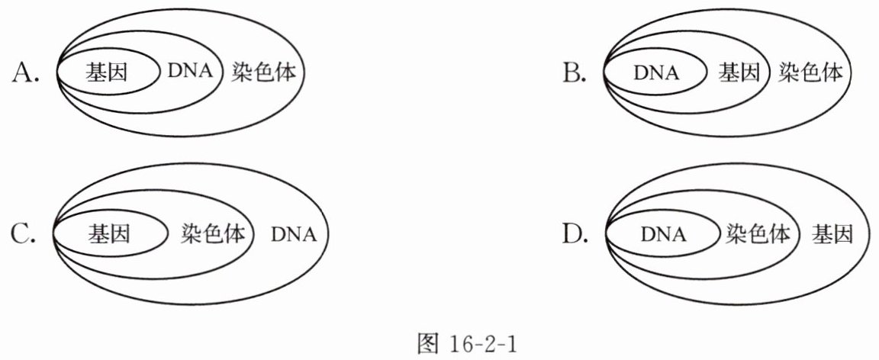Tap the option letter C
click(x=24, y=233)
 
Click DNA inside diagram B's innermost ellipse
click(x=655, y=73)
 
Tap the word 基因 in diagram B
click(x=739, y=73)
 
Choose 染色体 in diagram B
click(x=810, y=73)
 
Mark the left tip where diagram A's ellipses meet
click(x=57, y=73)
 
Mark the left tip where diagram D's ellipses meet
click(x=605, y=233)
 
